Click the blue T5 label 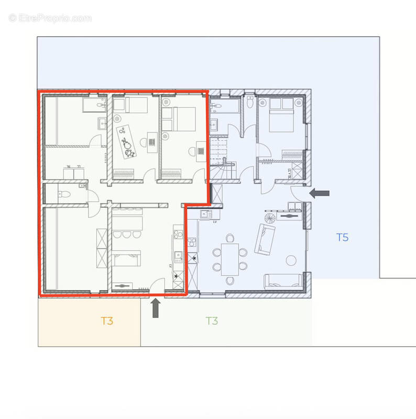(342, 237)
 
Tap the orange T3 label (107, 321)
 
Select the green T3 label (212, 321)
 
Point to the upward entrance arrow (156, 307)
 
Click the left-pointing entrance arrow (319, 193)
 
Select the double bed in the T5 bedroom (281, 115)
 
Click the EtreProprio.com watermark (50, 18)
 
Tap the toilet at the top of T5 (250, 103)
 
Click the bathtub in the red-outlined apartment (94, 106)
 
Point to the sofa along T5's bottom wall (283, 281)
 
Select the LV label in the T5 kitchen (215, 222)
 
